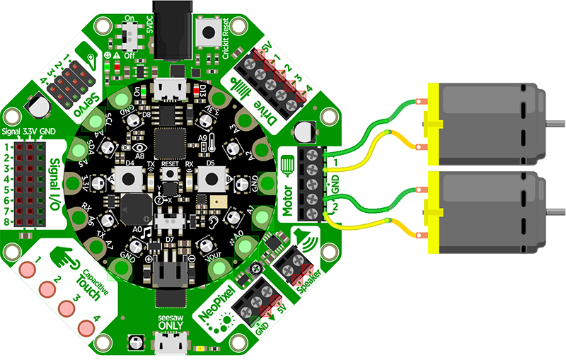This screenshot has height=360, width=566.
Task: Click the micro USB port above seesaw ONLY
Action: click(170, 344)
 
